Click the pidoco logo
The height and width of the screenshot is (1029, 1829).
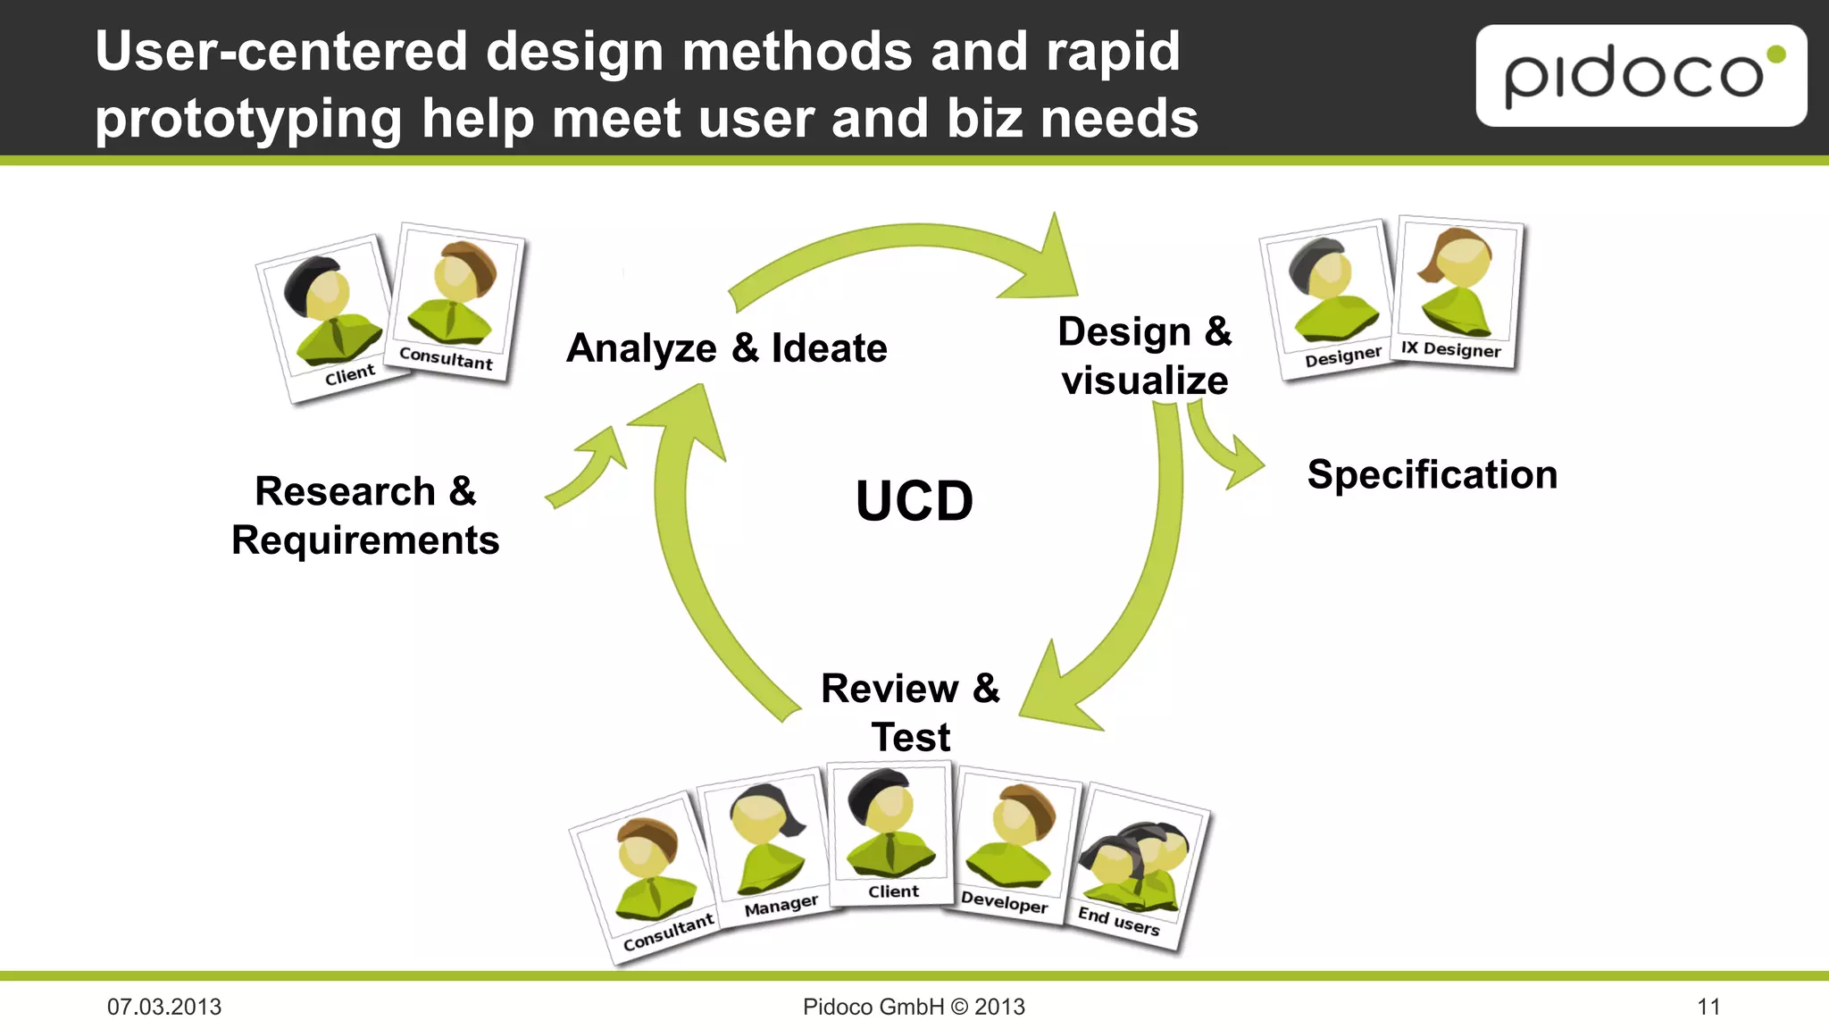coord(1641,76)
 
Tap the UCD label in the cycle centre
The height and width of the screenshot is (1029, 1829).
coord(914,500)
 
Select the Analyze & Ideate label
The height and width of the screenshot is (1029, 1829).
coord(727,347)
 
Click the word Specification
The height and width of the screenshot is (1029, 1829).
coord(1432,474)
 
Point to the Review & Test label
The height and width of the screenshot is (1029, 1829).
coord(910,712)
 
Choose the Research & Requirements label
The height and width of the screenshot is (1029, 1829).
coord(365,515)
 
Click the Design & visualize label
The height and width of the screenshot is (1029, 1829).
coord(1144,356)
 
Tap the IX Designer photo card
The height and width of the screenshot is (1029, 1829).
coord(1458,291)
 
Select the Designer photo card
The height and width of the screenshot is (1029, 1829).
coord(1329,299)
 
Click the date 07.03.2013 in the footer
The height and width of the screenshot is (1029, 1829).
coord(164,1007)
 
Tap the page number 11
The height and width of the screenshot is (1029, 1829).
coord(1708,1007)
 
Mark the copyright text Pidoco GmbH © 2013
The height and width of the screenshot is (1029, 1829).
coord(914,1007)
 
